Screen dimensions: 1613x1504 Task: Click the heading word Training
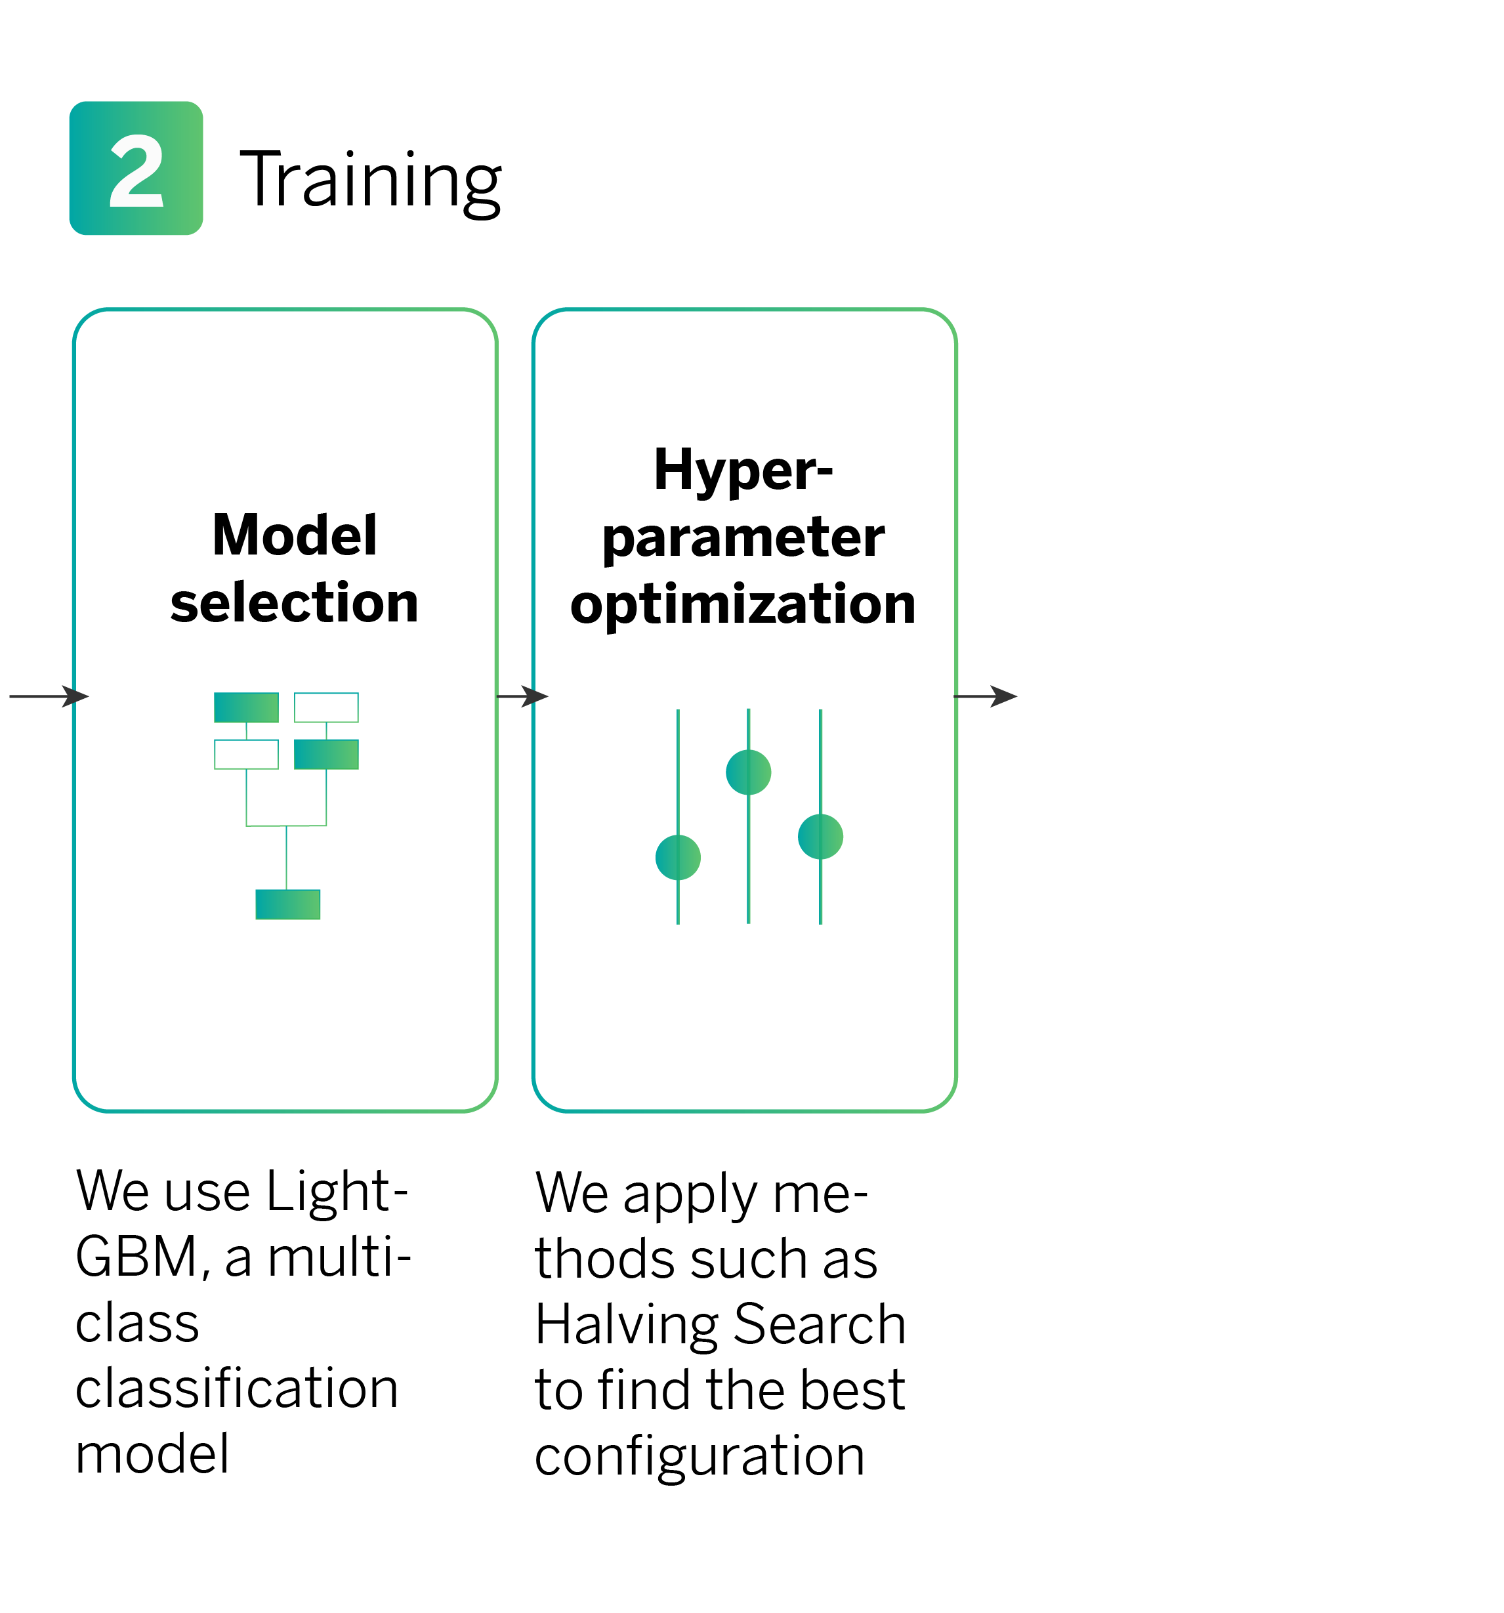click(370, 180)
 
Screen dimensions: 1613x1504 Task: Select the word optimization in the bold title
click(742, 604)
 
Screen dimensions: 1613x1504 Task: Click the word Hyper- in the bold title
click(742, 470)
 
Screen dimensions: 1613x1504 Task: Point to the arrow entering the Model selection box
click(49, 696)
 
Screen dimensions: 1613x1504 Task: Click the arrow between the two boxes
click(522, 696)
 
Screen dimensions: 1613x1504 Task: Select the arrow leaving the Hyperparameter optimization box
click(984, 696)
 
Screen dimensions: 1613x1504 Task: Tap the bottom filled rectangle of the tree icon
click(287, 904)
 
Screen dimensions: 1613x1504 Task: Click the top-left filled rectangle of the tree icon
click(246, 707)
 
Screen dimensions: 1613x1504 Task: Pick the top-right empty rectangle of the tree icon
click(326, 707)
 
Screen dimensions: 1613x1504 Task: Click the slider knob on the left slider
click(677, 857)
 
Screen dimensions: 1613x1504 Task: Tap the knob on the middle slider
click(748, 772)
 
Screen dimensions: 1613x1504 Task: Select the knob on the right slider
click(820, 837)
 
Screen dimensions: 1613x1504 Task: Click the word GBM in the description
click(136, 1257)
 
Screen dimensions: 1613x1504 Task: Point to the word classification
click(236, 1389)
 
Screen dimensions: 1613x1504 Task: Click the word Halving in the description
click(626, 1325)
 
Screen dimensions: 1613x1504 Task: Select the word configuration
click(700, 1456)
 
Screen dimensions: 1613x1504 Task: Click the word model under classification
click(152, 1453)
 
